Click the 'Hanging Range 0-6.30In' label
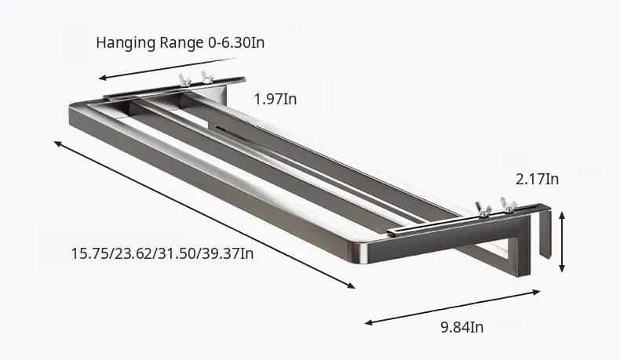point(181,42)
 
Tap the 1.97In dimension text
point(275,99)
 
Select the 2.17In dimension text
point(538,180)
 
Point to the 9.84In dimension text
point(461,328)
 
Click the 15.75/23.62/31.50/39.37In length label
point(162,253)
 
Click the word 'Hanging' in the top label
point(126,43)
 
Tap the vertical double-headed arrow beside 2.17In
point(562,242)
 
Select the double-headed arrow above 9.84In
point(452,307)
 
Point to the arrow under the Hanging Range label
point(174,67)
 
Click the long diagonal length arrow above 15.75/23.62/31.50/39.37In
point(204,215)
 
